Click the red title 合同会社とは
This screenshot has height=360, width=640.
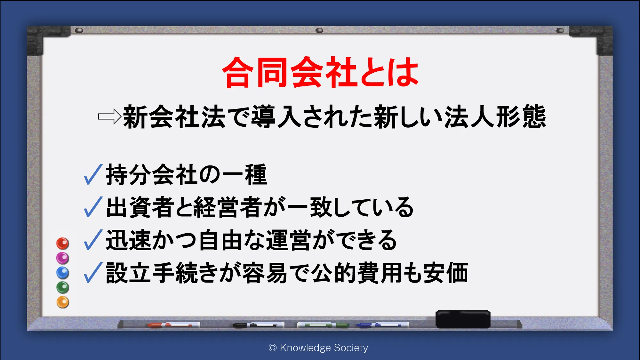click(320, 72)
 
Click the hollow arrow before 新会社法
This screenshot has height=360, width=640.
click(109, 116)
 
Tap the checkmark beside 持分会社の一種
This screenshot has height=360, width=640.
click(93, 174)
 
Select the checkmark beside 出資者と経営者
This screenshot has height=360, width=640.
click(93, 207)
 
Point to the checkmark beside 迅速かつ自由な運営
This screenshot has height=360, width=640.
click(93, 240)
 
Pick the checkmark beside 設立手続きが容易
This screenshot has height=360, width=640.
click(93, 273)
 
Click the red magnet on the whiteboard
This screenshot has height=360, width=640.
click(63, 244)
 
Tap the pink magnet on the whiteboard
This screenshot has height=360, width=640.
click(63, 258)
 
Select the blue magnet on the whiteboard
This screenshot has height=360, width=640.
click(63, 273)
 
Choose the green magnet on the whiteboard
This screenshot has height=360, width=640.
click(63, 287)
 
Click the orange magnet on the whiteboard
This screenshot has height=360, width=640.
click(63, 302)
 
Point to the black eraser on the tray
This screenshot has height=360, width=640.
click(463, 319)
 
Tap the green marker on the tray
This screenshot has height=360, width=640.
click(323, 325)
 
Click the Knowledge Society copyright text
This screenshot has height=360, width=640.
click(318, 348)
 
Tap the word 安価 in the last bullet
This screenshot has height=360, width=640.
click(446, 273)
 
